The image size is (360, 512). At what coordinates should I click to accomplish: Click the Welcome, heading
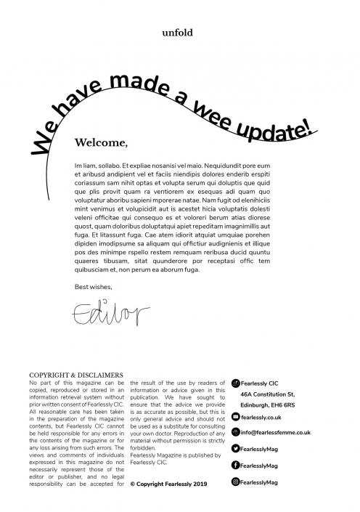(102, 142)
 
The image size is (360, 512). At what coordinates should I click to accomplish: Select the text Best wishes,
(94, 286)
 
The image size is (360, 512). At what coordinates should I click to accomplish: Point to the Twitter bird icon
(235, 450)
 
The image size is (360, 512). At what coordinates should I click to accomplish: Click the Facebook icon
(235, 465)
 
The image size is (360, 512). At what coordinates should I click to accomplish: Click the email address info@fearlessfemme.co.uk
(276, 432)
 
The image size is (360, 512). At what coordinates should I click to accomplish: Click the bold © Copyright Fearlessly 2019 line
(168, 481)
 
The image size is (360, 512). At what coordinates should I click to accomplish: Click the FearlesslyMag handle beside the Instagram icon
(263, 481)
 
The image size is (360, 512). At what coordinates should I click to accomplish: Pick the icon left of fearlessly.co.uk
(235, 418)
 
